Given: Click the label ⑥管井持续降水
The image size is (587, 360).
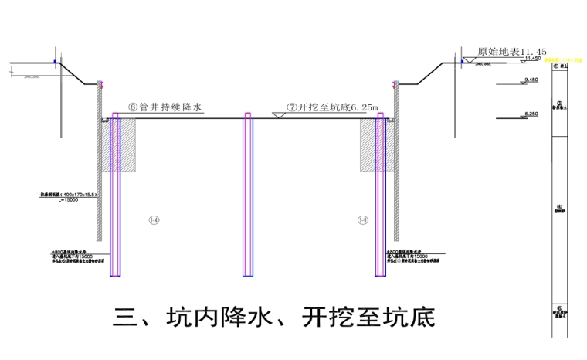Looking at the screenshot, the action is pyautogui.click(x=165, y=109).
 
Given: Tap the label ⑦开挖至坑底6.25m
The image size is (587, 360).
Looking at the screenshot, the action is pyautogui.click(x=333, y=109).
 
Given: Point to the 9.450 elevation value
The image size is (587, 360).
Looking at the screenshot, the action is pyautogui.click(x=531, y=80).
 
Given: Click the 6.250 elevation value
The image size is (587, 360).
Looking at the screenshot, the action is pyautogui.click(x=531, y=114).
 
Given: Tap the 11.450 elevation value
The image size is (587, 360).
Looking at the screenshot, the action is pyautogui.click(x=533, y=58).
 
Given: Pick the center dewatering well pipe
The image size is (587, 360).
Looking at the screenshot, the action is pyautogui.click(x=248, y=193).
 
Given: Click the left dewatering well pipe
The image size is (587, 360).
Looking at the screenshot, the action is pyautogui.click(x=115, y=193).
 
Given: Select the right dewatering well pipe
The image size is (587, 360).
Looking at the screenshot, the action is pyautogui.click(x=379, y=193).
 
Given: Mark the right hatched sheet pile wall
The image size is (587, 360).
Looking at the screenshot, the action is pyautogui.click(x=396, y=162).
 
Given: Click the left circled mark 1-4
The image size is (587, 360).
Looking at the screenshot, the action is pyautogui.click(x=154, y=220).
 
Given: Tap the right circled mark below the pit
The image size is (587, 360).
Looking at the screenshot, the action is pyautogui.click(x=362, y=220).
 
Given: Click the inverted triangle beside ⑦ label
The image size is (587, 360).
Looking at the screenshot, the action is pyautogui.click(x=277, y=114).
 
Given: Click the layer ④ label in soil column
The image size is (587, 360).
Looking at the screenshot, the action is pyautogui.click(x=558, y=209).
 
